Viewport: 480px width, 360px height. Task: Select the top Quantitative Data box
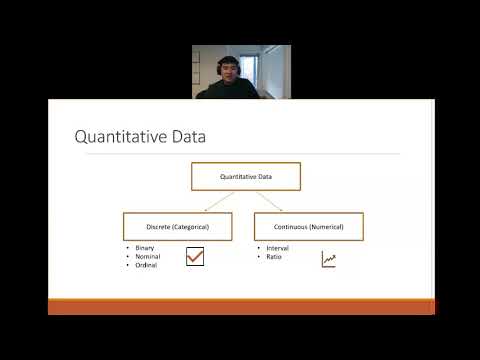pyautogui.click(x=246, y=177)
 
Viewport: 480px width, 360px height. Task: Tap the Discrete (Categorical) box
pyautogui.click(x=178, y=227)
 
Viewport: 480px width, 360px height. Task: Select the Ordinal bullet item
pyautogui.click(x=145, y=265)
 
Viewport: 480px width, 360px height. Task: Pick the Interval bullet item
pyautogui.click(x=277, y=247)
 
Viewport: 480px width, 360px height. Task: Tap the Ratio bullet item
pyautogui.click(x=273, y=256)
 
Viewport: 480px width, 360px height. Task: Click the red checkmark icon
pyautogui.click(x=195, y=258)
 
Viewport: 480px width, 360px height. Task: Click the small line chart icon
pyautogui.click(x=328, y=259)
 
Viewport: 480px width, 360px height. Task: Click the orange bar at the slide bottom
pyautogui.click(x=240, y=306)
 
